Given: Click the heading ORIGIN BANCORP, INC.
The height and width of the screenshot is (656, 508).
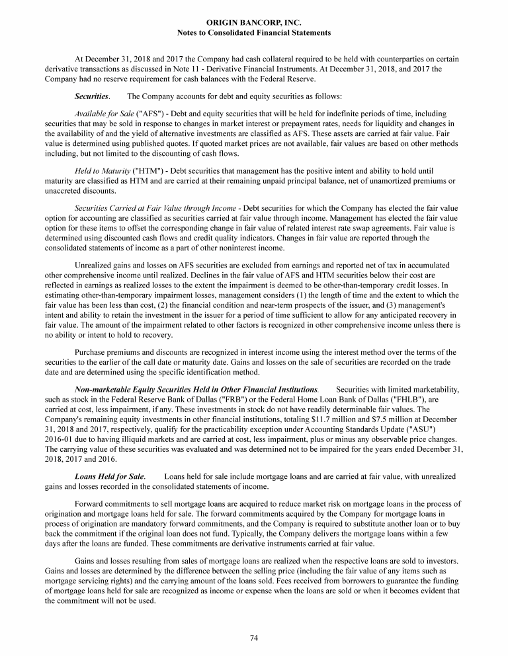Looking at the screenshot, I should [x=254, y=23].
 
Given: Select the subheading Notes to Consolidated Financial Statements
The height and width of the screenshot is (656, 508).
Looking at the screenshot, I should [x=254, y=32].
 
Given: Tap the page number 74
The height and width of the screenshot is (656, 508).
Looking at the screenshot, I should [x=254, y=637].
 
